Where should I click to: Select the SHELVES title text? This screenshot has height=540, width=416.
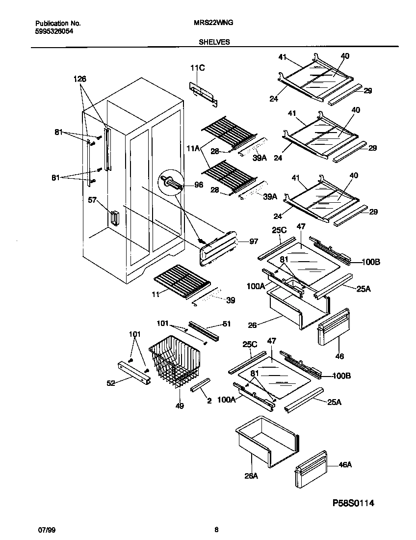click(x=214, y=42)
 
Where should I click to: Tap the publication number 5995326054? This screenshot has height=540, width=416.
click(x=55, y=30)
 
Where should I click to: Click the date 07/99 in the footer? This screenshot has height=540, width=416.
click(x=45, y=530)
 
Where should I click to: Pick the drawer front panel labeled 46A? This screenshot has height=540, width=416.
click(x=311, y=469)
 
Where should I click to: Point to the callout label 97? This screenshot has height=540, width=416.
click(x=253, y=242)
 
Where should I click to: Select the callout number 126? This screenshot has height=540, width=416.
click(x=80, y=79)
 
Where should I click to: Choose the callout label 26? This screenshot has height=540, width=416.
click(x=252, y=324)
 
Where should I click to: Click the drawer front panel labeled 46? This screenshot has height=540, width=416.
click(x=334, y=326)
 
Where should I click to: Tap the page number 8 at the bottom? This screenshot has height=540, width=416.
click(x=216, y=530)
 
